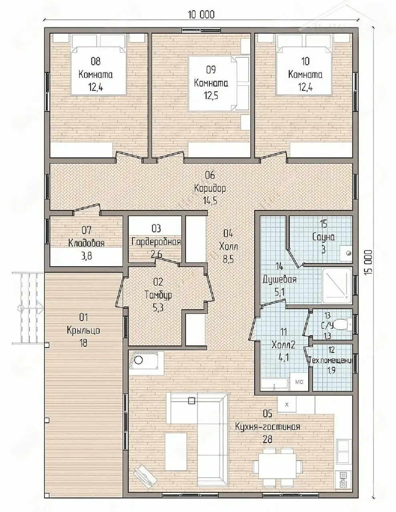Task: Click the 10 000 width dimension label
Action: pos(201,15)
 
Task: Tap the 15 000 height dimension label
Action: pos(370,262)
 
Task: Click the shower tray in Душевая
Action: pos(337,286)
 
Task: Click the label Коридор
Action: pos(210,188)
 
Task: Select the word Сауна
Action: pos(324,237)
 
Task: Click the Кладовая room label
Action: pos(86,243)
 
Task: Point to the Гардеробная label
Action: pos(157,242)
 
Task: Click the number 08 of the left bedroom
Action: pos(96,62)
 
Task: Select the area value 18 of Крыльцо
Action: pos(84,343)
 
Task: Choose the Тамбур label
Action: pos(158,295)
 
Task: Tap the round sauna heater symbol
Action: pos(348,254)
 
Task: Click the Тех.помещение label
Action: pos(331,360)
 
